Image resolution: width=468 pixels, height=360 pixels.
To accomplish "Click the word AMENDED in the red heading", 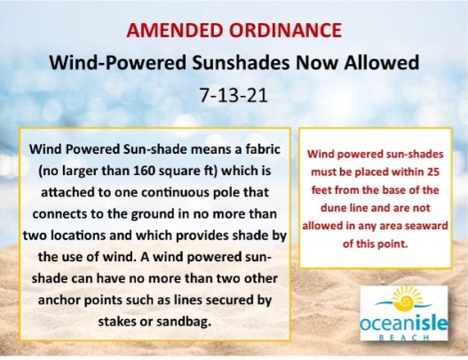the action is (x=175, y=30).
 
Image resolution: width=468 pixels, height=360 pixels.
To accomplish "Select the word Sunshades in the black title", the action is (x=241, y=63).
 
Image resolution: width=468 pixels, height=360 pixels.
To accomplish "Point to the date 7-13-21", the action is (x=233, y=95).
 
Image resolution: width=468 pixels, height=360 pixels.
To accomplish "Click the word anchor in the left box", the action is (x=59, y=300).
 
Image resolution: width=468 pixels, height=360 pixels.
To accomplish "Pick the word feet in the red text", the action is (x=321, y=190).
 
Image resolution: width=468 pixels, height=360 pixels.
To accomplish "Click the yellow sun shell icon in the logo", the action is (x=405, y=300).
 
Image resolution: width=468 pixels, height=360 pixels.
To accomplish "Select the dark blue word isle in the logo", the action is (x=431, y=323).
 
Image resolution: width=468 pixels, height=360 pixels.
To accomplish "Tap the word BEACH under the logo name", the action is (x=404, y=338).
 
